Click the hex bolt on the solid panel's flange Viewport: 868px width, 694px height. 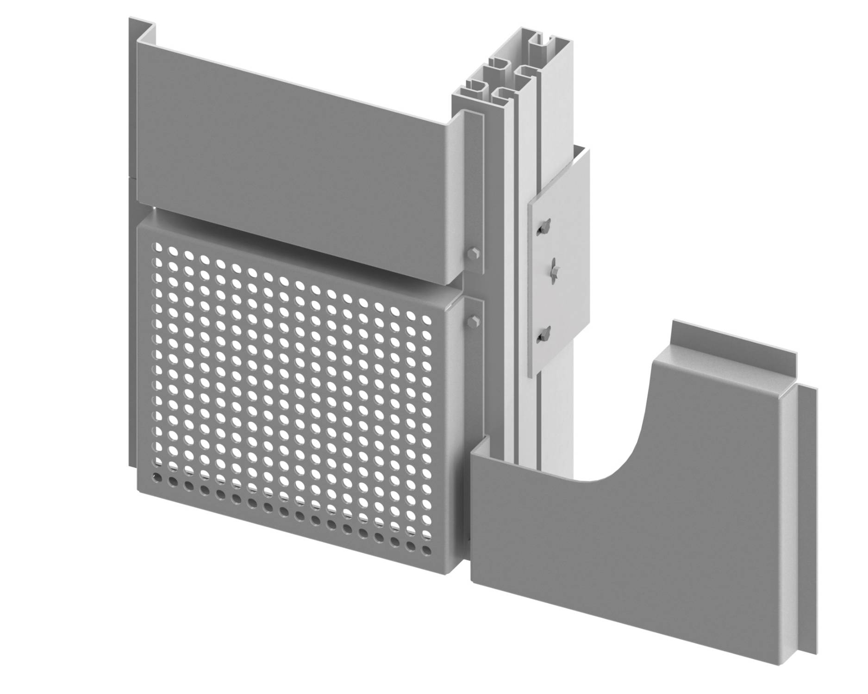(x=473, y=253)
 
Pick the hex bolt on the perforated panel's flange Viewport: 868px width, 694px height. (x=473, y=320)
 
